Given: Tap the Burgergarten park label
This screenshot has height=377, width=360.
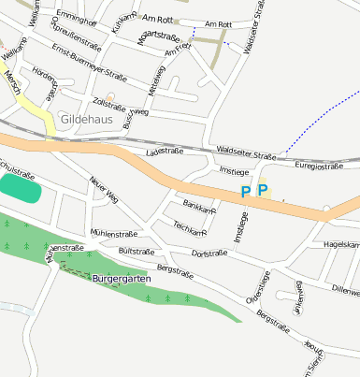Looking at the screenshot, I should [x=122, y=279].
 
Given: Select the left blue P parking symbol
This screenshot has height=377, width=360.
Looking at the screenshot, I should [x=245, y=192].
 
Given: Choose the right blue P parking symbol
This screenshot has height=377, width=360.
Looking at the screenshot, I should [x=263, y=191].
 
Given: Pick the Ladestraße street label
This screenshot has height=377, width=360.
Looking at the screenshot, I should [x=164, y=151].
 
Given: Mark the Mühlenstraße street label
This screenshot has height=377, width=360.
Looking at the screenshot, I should [x=114, y=234].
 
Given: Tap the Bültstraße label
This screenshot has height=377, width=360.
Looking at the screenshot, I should [x=137, y=252].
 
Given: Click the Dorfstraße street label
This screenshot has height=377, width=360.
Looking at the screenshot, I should [x=209, y=254].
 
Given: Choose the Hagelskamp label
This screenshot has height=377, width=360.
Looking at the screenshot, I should [x=340, y=244].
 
